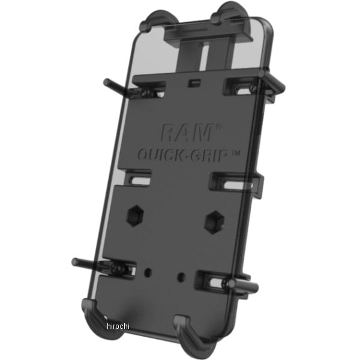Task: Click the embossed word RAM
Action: tap(187, 133)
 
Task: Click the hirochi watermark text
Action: tap(118, 326)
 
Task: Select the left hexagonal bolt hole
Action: tap(135, 216)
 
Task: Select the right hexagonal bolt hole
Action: tap(214, 222)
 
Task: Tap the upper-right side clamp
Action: tap(273, 86)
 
